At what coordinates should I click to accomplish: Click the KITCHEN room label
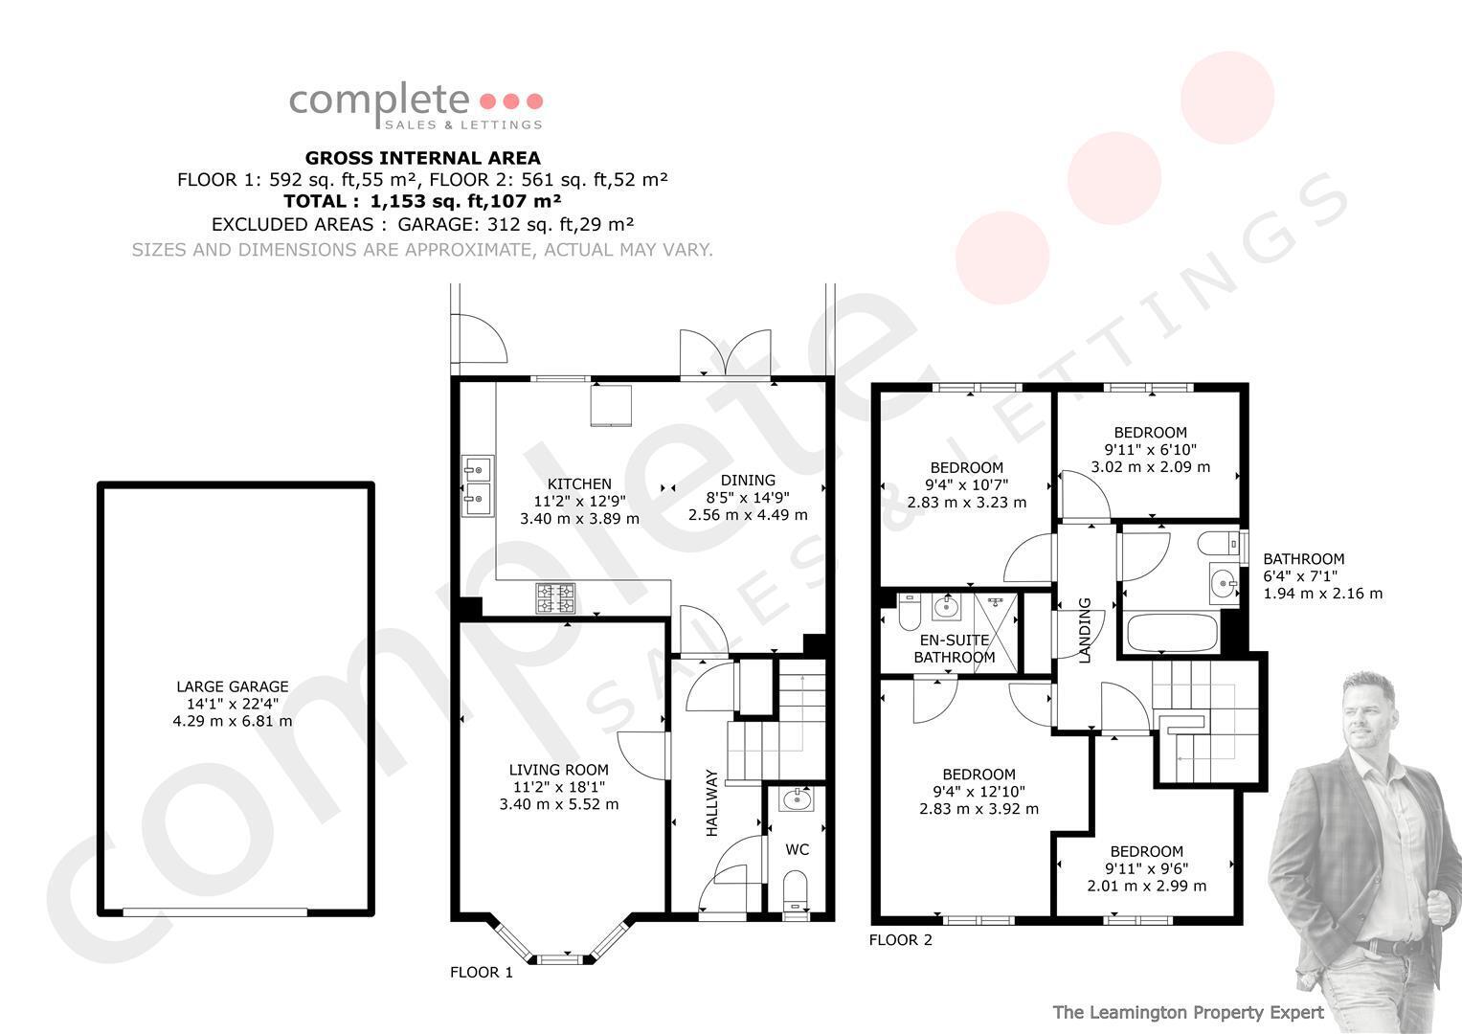(x=579, y=483)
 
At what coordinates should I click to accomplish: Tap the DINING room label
(x=748, y=480)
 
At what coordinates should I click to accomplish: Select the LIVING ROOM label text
(x=559, y=770)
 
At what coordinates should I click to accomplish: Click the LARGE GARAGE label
(x=233, y=686)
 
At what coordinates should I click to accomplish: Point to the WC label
(x=797, y=849)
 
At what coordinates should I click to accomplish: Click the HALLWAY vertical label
(x=712, y=802)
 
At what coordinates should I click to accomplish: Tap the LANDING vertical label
(x=1085, y=631)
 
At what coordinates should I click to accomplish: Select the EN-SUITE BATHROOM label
(x=955, y=648)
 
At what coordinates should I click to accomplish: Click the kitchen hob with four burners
(x=555, y=598)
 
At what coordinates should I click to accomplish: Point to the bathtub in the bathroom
(x=1172, y=633)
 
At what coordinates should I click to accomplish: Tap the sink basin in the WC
(x=798, y=799)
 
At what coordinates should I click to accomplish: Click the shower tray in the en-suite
(x=996, y=632)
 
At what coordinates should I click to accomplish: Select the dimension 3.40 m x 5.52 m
(x=559, y=804)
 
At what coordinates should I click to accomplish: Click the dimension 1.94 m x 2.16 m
(x=1323, y=594)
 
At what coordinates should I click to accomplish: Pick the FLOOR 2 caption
(x=901, y=940)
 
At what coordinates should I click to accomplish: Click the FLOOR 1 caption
(x=482, y=972)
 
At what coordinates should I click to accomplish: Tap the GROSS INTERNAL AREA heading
(x=423, y=158)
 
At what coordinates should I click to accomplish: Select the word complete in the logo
(x=379, y=102)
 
